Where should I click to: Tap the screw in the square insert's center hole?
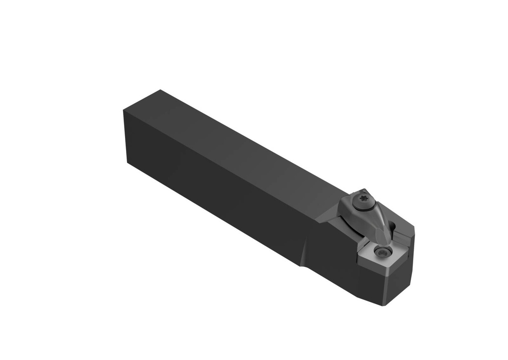click(x=382, y=251)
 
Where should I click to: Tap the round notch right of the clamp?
click(x=393, y=228)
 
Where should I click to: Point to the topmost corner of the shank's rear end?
click(x=160, y=90)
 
